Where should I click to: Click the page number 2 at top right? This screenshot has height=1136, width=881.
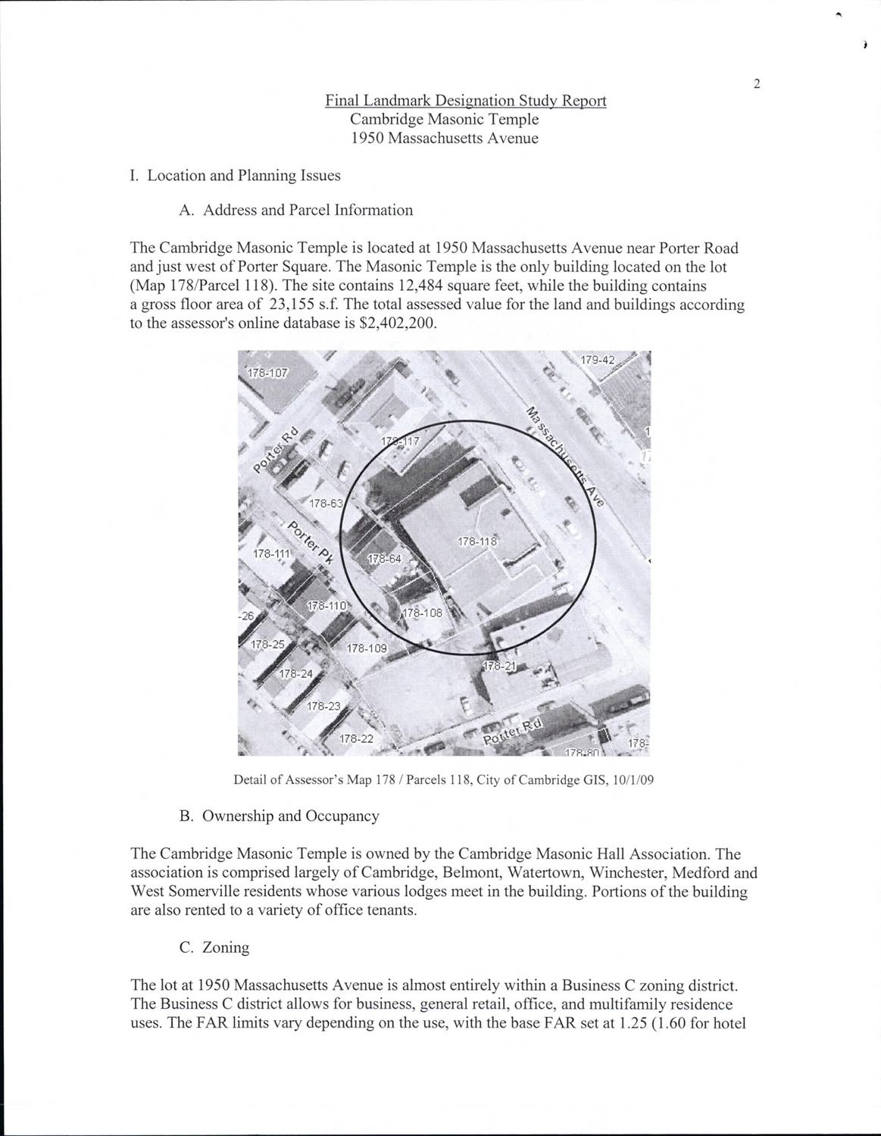[757, 83]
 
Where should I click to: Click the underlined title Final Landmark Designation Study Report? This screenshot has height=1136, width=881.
[466, 100]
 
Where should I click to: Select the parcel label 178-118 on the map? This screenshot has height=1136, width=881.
[477, 541]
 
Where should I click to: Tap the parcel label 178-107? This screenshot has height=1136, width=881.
[268, 373]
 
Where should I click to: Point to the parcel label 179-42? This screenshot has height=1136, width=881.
[598, 360]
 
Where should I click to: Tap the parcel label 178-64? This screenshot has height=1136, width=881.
[384, 560]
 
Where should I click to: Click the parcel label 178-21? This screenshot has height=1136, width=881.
[499, 666]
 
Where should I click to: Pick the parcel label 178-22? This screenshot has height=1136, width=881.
[356, 739]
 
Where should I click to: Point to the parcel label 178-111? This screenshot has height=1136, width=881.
[271, 554]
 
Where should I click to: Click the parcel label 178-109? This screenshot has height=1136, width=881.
[367, 648]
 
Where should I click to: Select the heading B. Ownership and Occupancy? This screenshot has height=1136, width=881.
[280, 816]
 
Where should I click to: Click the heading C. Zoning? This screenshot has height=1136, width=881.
[214, 947]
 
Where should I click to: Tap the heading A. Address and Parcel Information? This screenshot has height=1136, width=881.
[296, 211]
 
